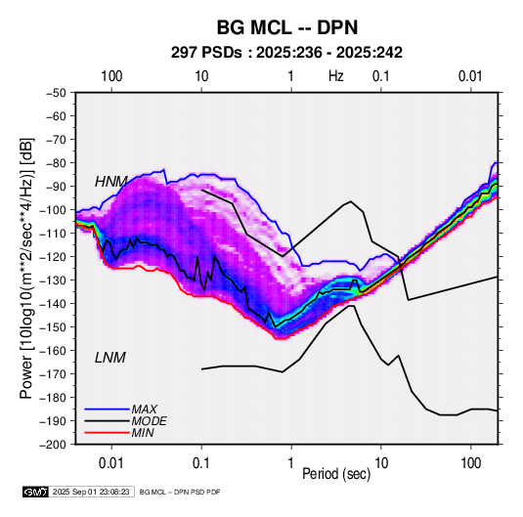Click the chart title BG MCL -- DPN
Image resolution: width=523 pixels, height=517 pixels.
[x=287, y=27]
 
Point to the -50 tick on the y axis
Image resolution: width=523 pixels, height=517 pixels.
[x=56, y=93]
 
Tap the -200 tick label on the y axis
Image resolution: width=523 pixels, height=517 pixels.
[x=53, y=445]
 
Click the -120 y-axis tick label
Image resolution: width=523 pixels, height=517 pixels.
[x=53, y=257]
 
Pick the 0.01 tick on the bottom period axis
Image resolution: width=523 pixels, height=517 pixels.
[x=111, y=463]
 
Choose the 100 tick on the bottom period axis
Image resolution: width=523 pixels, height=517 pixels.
[x=470, y=463]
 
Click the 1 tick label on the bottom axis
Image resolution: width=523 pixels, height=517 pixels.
[x=291, y=463]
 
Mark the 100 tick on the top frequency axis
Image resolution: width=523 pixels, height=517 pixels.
[x=111, y=76]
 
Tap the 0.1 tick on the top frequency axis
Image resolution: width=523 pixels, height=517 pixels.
[x=381, y=76]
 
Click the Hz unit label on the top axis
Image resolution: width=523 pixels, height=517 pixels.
[x=336, y=76]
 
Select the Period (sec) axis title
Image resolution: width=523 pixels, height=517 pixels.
[x=336, y=474]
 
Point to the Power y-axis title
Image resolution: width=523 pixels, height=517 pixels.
[x=26, y=269]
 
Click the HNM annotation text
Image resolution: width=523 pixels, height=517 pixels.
[x=111, y=182]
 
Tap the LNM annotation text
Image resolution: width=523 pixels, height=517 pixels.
[x=110, y=358]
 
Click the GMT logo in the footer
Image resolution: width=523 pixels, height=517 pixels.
[x=36, y=492]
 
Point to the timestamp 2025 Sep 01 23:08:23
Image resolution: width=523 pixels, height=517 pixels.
[x=91, y=492]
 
